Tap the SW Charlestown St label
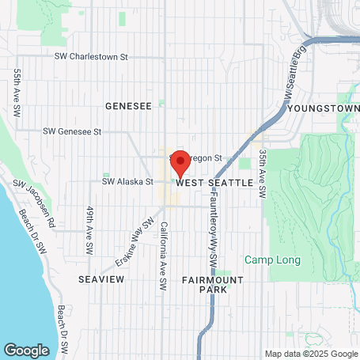tap(91, 57)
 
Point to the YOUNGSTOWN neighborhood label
tap(323, 107)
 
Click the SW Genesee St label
tap(73, 131)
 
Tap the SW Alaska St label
tap(127, 181)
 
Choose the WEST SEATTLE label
tap(214, 183)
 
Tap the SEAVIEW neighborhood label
tap(98, 280)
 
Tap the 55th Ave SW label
tap(17, 92)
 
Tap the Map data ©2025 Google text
tap(310, 354)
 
